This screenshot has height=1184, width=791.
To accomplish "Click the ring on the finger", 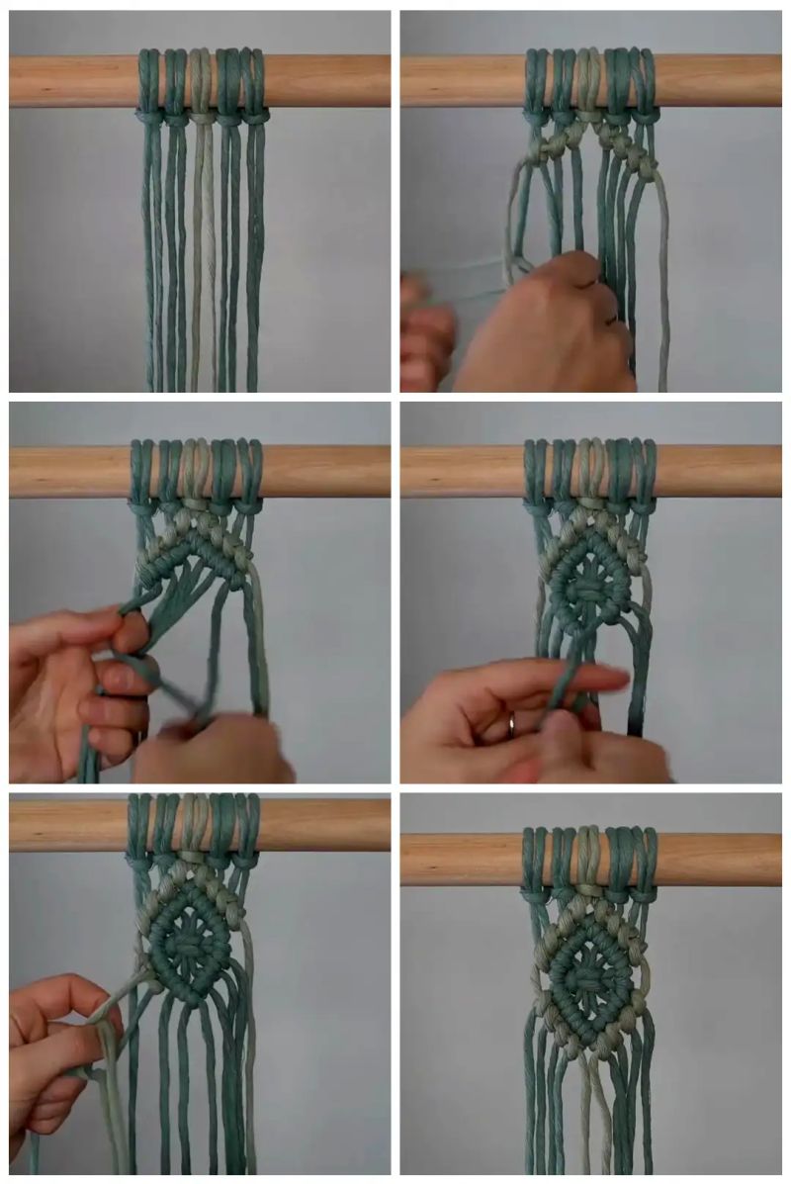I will coord(510,725).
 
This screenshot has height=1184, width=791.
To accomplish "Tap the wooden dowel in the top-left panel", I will coord(79,81).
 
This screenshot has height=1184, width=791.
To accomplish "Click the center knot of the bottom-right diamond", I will coord(589,979).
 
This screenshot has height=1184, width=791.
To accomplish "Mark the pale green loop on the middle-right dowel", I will coord(589,469).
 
